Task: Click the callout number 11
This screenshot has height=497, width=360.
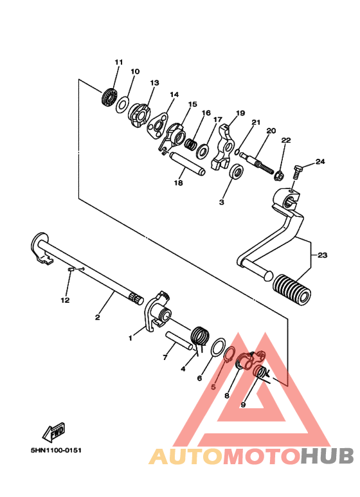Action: click(x=118, y=62)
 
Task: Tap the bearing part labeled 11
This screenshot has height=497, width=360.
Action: click(x=109, y=98)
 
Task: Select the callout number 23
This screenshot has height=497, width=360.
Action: click(x=322, y=255)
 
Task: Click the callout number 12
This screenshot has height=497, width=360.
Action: click(x=64, y=300)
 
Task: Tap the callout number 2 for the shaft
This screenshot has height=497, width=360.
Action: click(x=98, y=317)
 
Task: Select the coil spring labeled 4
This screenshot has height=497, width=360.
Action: click(x=201, y=338)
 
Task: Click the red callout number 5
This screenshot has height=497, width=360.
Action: click(x=214, y=388)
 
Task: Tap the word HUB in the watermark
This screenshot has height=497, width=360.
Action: click(x=327, y=456)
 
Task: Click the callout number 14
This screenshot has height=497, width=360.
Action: click(x=174, y=95)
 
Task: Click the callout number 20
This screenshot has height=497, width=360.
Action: click(x=271, y=131)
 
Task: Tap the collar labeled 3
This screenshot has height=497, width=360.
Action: click(x=236, y=172)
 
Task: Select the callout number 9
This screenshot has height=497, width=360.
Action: click(x=243, y=405)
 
